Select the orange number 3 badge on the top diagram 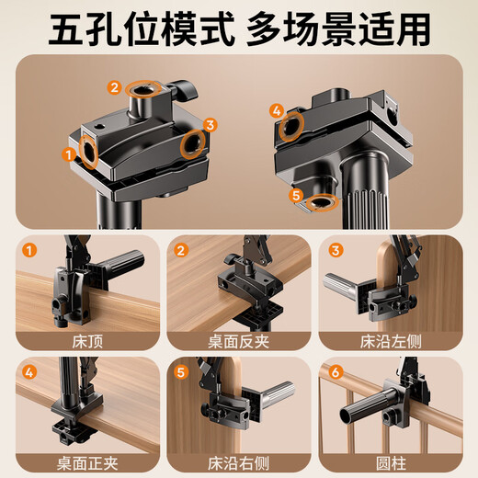pyautogui.click(x=210, y=124)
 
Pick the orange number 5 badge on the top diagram pyautogui.click(x=295, y=194)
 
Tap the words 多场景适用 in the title pyautogui.click(x=338, y=28)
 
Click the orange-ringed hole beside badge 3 pyautogui.click(x=192, y=143)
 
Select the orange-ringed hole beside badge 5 pyautogui.click(x=323, y=201)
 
